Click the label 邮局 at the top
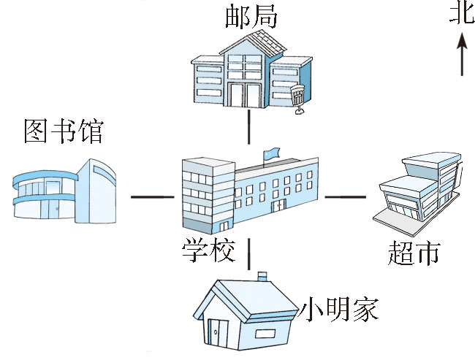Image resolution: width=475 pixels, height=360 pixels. (251, 16)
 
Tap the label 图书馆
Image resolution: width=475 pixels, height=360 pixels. (64, 132)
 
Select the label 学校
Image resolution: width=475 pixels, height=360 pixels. (208, 250)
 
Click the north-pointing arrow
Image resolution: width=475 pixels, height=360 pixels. (461, 55)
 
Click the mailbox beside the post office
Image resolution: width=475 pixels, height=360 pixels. (298, 99)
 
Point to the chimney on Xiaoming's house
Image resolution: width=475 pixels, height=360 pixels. (262, 277)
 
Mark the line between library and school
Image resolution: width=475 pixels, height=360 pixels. (151, 197)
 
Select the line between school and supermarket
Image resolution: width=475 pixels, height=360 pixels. (344, 196)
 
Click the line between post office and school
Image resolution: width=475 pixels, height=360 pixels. (249, 127)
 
